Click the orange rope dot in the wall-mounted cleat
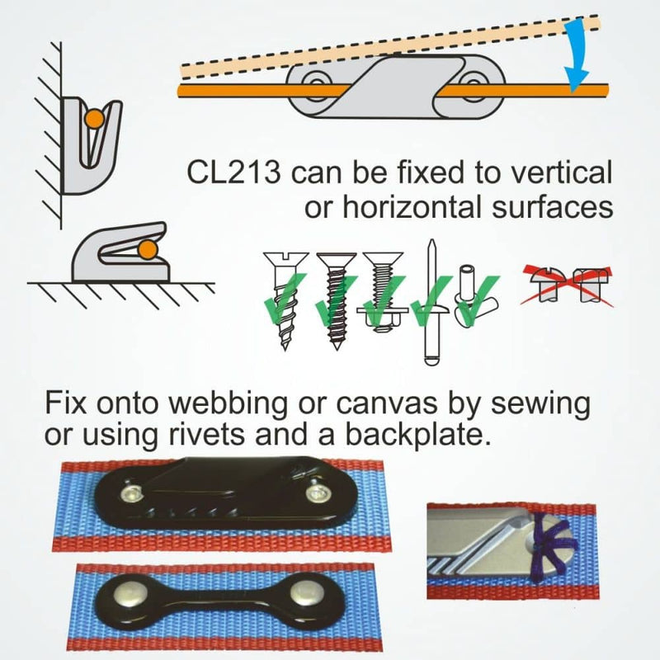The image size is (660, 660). tap(95, 118)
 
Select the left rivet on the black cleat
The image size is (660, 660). tap(130, 493)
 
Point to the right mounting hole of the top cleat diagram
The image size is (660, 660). tap(474, 81)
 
